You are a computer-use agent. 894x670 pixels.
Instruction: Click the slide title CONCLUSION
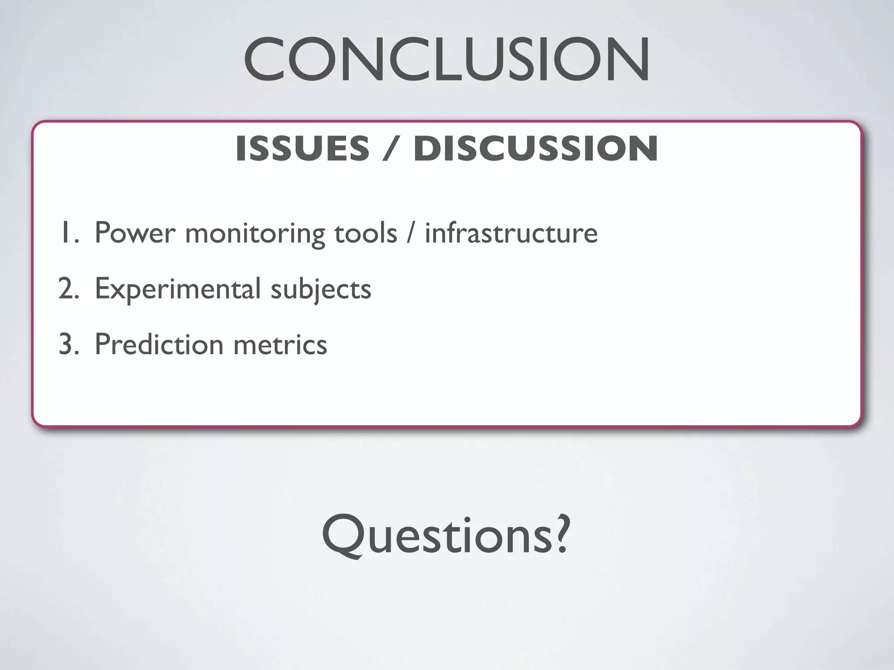pos(447,60)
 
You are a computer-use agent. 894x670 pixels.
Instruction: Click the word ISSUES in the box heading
pos(302,148)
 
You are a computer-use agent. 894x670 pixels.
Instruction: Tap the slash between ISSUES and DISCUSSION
pos(391,148)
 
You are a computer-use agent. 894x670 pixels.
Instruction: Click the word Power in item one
pos(134,233)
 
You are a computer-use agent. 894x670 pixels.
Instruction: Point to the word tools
pos(365,233)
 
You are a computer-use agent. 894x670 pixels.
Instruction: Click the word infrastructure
pos(511,233)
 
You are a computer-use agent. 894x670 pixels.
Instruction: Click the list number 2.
pos(68,288)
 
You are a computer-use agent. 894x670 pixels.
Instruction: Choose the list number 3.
pos(68,344)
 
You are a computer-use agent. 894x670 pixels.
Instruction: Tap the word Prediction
pos(159,344)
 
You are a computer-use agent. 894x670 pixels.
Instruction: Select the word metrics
pos(280,344)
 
